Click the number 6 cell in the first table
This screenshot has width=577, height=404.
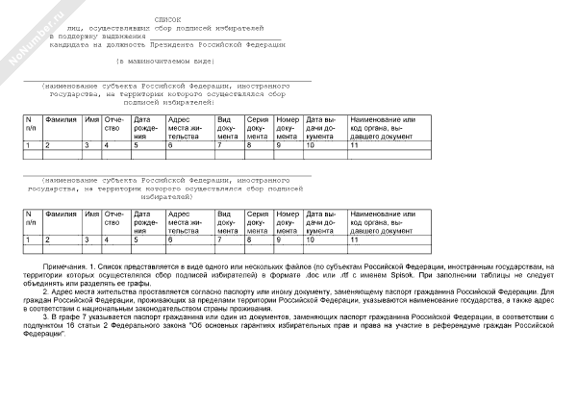170,144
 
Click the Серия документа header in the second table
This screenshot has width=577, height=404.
258,221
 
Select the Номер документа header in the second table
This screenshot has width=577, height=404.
288,221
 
